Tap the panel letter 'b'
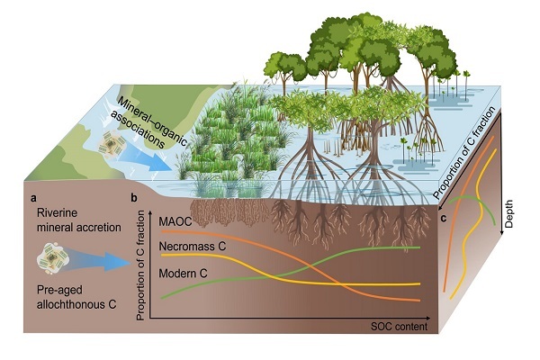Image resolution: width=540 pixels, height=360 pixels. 134,196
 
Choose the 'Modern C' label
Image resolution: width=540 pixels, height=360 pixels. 184,271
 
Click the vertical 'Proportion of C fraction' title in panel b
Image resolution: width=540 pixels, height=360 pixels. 142,260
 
